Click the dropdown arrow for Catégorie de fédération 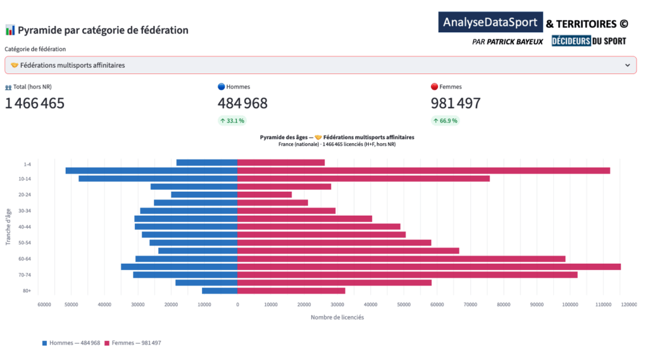pos(627,65)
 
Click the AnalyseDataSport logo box pos(491,22)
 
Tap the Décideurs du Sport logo pos(589,41)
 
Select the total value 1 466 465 pos(35,103)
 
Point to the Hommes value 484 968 pos(242,103)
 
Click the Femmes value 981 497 pos(456,103)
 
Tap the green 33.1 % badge pos(232,120)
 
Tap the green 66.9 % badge pos(445,120)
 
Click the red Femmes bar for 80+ pos(291,290)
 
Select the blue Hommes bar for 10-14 pos(158,178)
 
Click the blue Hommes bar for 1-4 pos(207,163)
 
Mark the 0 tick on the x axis pos(237,305)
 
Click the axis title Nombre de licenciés pos(337,317)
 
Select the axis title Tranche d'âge pos(8,227)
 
